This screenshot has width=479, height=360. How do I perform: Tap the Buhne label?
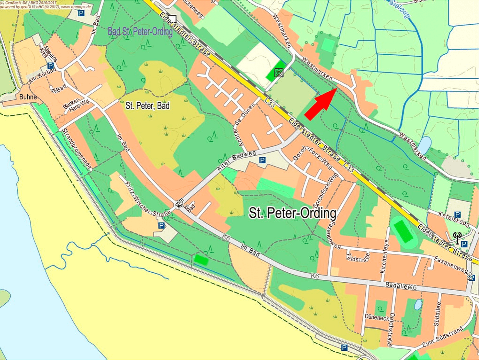[x=28, y=97]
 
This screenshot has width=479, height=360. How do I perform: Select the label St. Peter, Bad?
[x=147, y=106]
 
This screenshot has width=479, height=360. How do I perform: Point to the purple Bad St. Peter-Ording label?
[x=140, y=32]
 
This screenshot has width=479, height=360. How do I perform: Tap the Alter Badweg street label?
[x=237, y=161]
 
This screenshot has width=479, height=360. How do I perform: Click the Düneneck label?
[x=377, y=317]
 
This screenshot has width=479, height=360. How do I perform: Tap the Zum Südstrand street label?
[x=443, y=336]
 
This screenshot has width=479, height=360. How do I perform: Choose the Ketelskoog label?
[x=454, y=219]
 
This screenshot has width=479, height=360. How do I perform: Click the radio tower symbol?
[x=457, y=237]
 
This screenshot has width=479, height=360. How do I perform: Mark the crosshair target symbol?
[x=278, y=73]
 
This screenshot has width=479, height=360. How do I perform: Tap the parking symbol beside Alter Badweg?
[x=262, y=160]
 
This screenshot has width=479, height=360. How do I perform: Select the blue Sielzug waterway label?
[x=400, y=8]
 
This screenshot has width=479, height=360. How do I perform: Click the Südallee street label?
[x=437, y=314]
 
